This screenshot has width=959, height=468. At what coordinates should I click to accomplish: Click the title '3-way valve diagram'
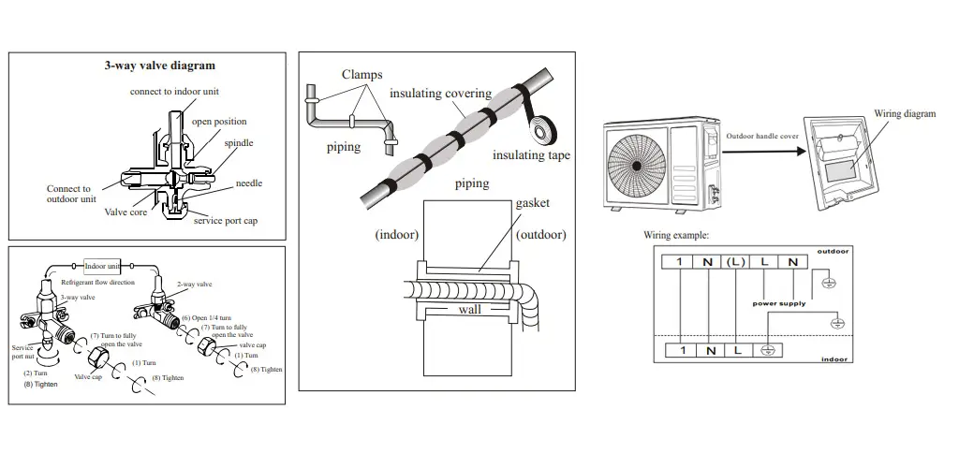click(x=159, y=66)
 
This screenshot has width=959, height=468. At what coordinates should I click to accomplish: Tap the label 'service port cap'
click(x=226, y=221)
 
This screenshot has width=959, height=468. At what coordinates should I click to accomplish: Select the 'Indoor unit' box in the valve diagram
click(x=103, y=266)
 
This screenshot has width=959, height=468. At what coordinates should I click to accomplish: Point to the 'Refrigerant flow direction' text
click(x=98, y=282)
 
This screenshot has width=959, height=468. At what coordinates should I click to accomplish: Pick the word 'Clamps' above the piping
click(x=361, y=74)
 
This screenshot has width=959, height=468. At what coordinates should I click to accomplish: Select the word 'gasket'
click(x=532, y=203)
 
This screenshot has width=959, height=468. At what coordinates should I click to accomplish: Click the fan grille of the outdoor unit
click(x=636, y=159)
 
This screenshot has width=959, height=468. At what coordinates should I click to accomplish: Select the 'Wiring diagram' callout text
click(x=905, y=113)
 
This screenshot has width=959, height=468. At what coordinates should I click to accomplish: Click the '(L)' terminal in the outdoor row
click(x=738, y=262)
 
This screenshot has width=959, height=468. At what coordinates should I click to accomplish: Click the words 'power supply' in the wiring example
click(x=778, y=302)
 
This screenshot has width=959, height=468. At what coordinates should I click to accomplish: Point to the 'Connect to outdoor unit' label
click(x=69, y=194)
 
